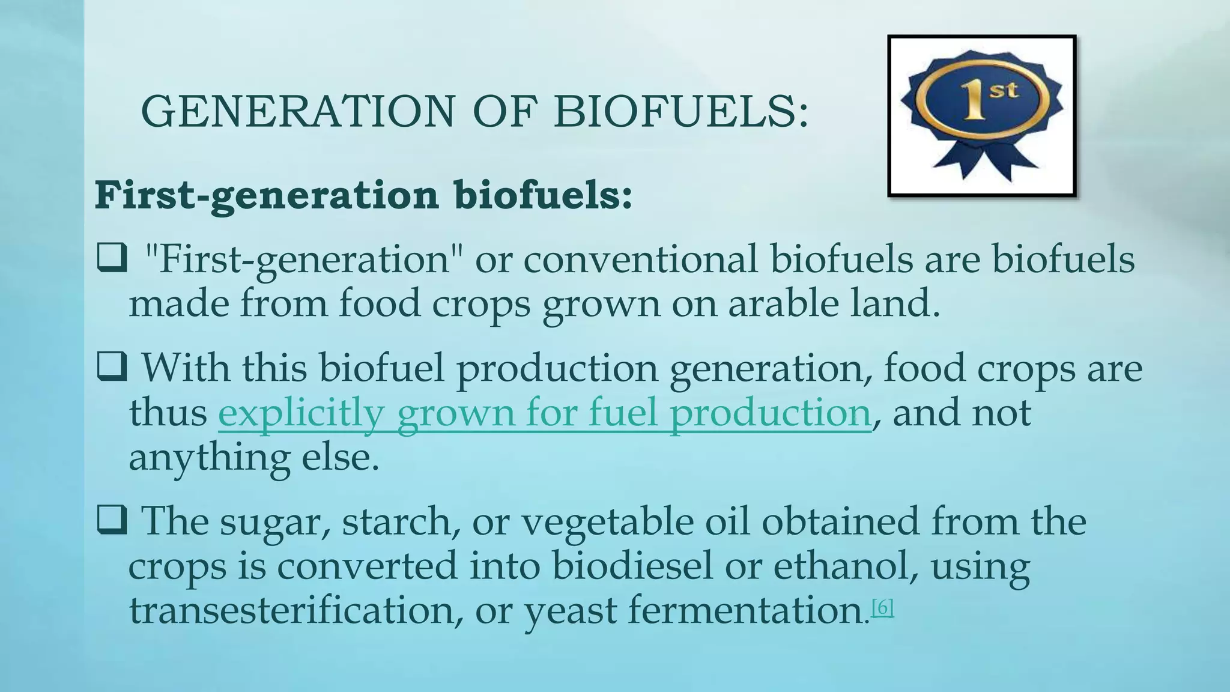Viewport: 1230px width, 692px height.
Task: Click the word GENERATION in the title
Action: point(298,112)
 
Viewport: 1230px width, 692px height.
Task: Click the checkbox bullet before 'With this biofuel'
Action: point(112,366)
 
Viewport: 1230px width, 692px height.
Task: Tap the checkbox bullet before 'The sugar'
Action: point(112,520)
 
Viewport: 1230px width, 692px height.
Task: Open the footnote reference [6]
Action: point(882,608)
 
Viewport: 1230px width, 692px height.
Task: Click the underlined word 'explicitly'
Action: point(300,413)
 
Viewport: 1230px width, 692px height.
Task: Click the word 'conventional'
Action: point(640,259)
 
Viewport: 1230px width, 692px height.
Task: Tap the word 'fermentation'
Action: point(745,610)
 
